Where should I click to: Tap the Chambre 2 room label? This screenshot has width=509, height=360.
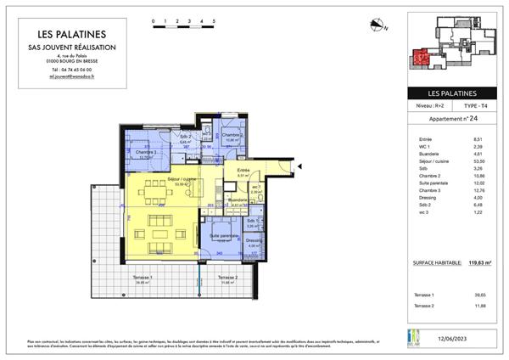233,137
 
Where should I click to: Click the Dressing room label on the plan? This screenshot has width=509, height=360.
255,242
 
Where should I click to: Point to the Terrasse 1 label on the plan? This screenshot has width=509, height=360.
143,279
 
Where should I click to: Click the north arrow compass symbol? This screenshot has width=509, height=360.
378,25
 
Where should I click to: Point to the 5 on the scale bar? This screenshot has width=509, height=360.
214,19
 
